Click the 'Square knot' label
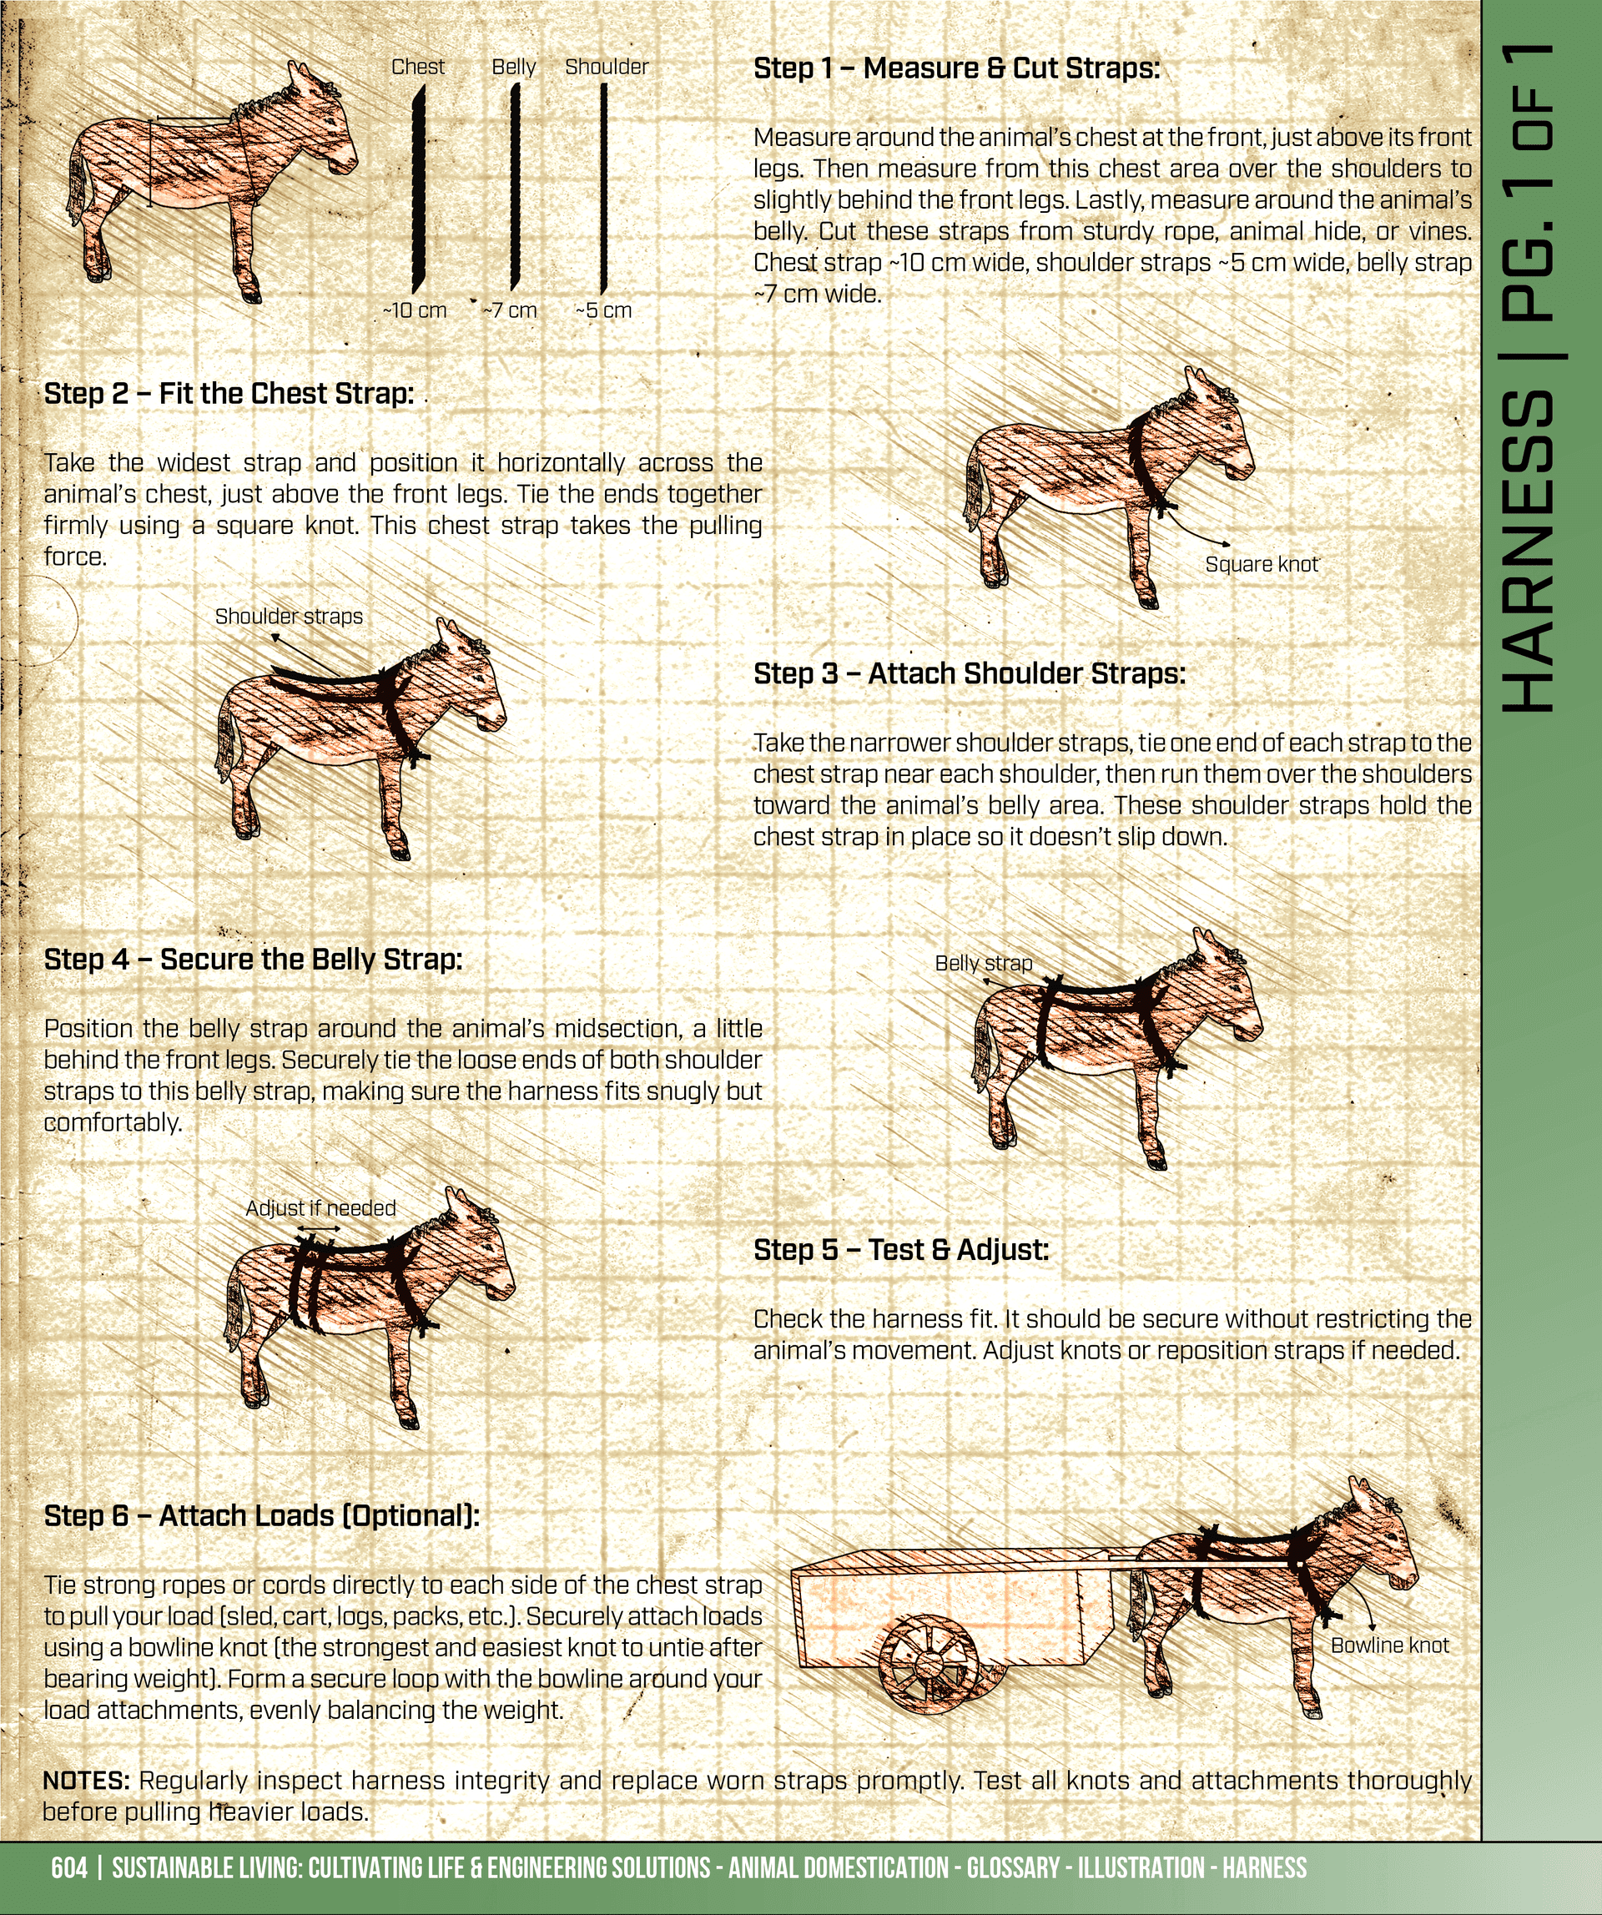click(x=1261, y=564)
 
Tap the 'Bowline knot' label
click(x=1389, y=1645)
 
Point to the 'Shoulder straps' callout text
click(x=289, y=617)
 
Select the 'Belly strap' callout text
click(x=984, y=963)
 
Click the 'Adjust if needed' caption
click(x=321, y=1208)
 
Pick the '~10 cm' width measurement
click(x=415, y=310)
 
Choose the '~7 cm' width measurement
click(x=510, y=310)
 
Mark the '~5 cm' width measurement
click(x=603, y=310)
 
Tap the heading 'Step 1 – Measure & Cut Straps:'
click(x=956, y=68)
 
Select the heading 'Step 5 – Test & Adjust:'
click(x=901, y=1249)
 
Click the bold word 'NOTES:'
click(x=87, y=1779)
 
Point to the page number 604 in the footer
click(x=69, y=1867)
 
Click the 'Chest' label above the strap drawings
click(x=417, y=67)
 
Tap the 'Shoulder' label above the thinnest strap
click(x=607, y=67)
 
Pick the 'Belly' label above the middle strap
click(x=513, y=68)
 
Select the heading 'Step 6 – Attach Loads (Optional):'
click(x=262, y=1515)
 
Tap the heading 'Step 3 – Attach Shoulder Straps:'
click(x=970, y=674)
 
